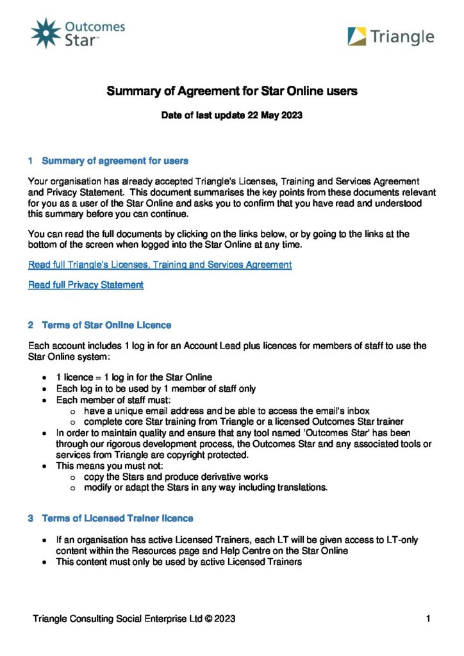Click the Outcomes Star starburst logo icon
click(x=46, y=33)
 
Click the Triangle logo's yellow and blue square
click(x=357, y=37)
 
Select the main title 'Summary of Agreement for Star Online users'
click(x=231, y=91)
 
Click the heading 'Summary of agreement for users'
click(x=115, y=160)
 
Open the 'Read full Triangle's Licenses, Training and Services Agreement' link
click(x=160, y=264)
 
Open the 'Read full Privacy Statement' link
click(x=86, y=284)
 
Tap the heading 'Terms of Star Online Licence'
click(x=106, y=325)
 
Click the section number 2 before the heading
click(x=31, y=325)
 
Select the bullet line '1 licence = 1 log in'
click(x=134, y=377)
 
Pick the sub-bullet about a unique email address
click(x=226, y=411)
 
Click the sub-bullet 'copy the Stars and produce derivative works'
click(x=176, y=477)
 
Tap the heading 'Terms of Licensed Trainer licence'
click(x=117, y=518)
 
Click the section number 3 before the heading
click(x=31, y=518)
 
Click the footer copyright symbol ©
click(x=209, y=619)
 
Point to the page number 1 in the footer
click(x=427, y=619)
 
